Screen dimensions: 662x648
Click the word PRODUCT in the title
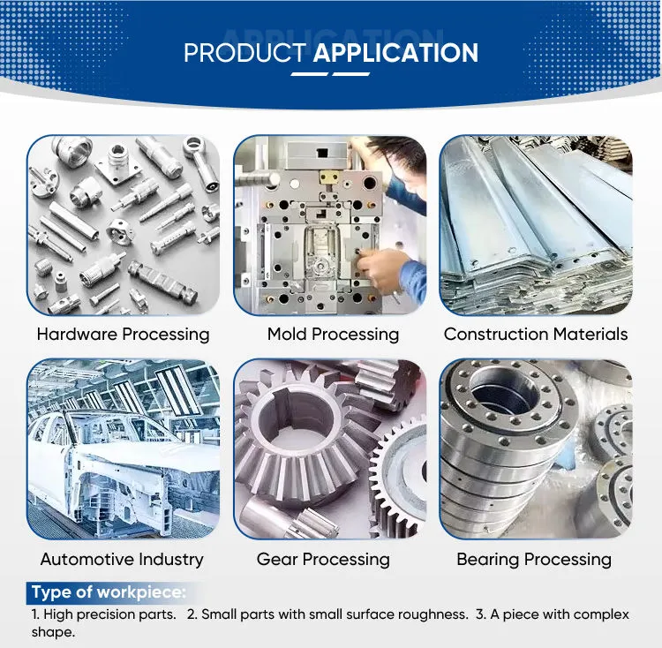[244, 53]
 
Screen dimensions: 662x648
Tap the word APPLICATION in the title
[395, 53]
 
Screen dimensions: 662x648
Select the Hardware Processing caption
[123, 335]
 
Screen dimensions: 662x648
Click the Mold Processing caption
[333, 335]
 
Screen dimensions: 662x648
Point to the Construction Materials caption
[536, 335]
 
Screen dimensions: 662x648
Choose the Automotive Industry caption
[122, 560]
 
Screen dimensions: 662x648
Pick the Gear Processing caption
[323, 560]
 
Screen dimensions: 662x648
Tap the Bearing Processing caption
[534, 560]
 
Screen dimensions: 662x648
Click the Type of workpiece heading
[109, 591]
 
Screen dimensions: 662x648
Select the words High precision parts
[109, 614]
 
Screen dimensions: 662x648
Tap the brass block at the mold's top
[330, 177]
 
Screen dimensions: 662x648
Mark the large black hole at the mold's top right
[370, 184]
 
